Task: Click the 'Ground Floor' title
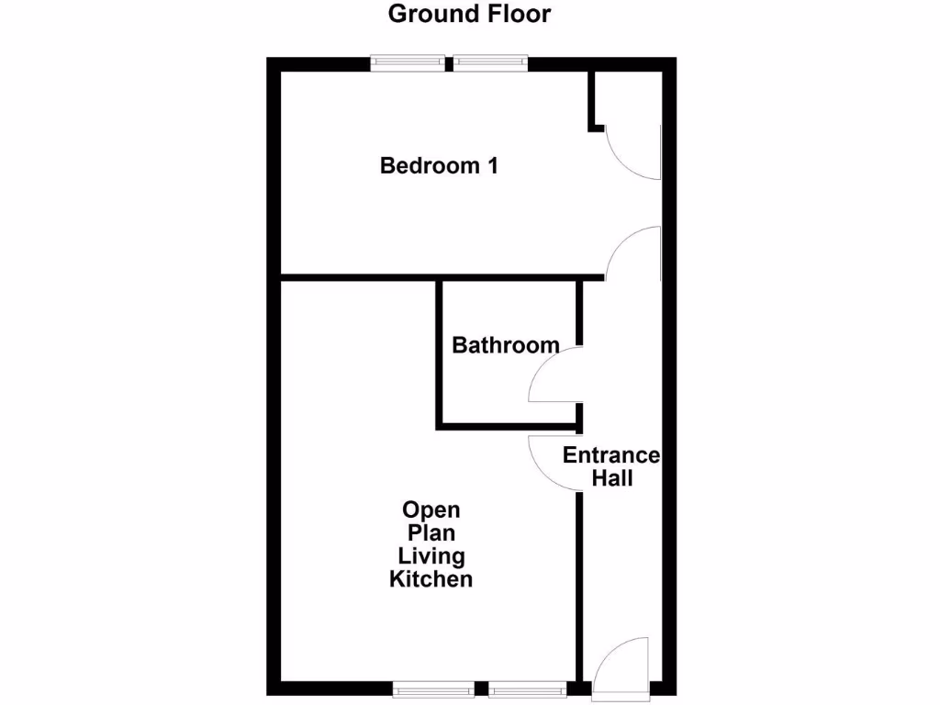click(469, 14)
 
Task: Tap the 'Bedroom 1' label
click(439, 166)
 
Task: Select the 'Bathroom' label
click(506, 346)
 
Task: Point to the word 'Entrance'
click(610, 455)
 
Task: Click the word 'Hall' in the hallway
click(611, 478)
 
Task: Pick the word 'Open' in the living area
click(431, 510)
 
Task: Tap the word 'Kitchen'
click(431, 579)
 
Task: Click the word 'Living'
click(431, 556)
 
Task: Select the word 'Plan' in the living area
click(431, 533)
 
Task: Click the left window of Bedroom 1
click(408, 63)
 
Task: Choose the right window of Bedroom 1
click(490, 63)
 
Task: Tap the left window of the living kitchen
click(433, 688)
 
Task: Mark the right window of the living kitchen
click(528, 688)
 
